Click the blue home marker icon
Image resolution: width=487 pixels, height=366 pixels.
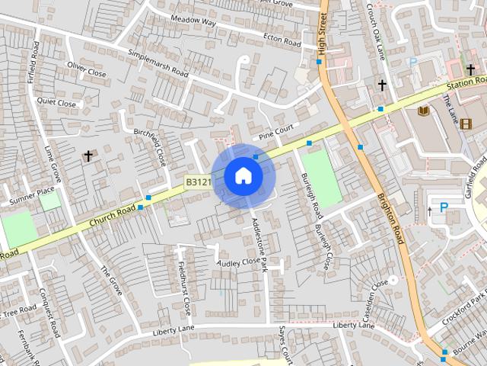(243, 176)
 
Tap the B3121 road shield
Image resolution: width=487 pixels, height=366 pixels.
(198, 181)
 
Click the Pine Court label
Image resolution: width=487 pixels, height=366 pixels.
(275, 132)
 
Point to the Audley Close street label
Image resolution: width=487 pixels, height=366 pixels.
(239, 262)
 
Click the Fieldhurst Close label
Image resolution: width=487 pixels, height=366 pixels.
(183, 290)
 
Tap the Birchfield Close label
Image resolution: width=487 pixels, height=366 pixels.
(150, 147)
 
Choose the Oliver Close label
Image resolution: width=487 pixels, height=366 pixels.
(86, 69)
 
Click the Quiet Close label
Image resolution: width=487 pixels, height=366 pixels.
(56, 102)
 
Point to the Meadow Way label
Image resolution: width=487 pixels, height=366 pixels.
(193, 23)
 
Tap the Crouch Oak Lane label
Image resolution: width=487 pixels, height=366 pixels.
(377, 34)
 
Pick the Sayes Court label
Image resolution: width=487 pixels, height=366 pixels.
(285, 346)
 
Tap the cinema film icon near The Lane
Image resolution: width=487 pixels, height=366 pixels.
(466, 124)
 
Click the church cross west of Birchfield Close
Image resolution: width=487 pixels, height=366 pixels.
(88, 156)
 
